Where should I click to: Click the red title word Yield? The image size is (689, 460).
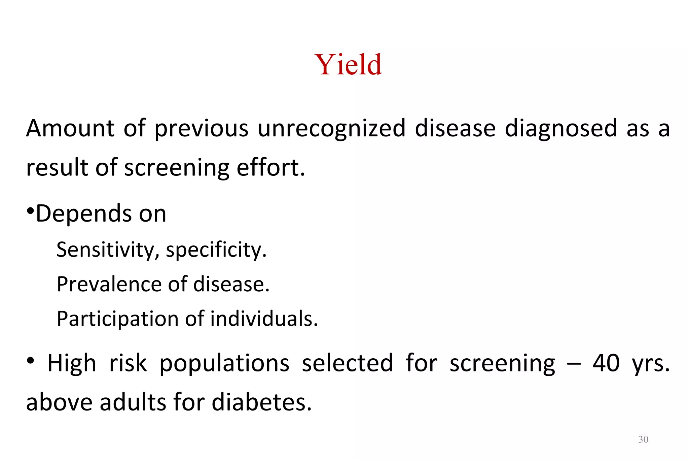[x=348, y=64]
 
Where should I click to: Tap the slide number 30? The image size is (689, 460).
[x=643, y=439]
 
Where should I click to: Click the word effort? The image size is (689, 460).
[x=270, y=167]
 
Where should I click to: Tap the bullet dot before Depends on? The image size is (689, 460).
[x=30, y=211]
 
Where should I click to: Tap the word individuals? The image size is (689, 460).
[x=264, y=319]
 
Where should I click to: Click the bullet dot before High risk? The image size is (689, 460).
[x=31, y=361]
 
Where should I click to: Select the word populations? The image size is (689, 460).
[x=224, y=363]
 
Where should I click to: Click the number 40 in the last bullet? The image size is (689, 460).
[x=606, y=363]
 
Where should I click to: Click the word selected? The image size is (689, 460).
[x=347, y=363]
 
